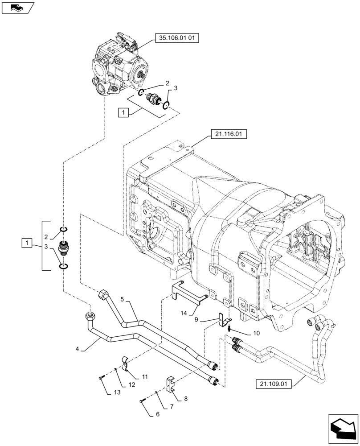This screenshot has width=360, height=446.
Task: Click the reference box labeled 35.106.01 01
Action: coord(176,38)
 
